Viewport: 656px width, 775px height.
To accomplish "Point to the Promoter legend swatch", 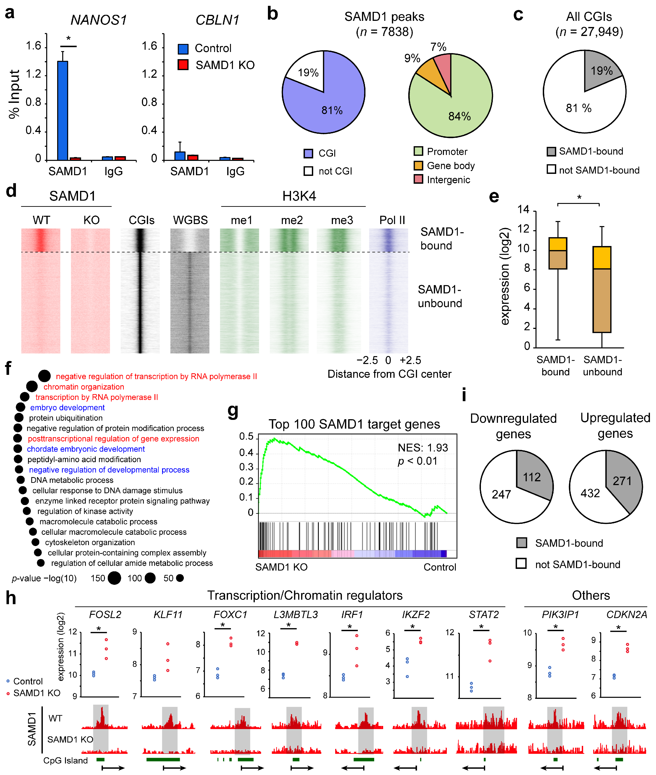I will click(x=418, y=151).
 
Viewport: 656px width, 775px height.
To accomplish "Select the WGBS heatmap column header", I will click(x=190, y=220).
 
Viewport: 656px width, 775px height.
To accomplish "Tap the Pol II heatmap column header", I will click(x=392, y=220).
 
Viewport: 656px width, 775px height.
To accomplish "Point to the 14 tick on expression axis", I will click(x=523, y=210).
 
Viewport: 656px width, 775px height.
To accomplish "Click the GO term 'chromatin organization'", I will click(x=84, y=387).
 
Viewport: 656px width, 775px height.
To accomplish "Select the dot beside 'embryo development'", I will click(x=20, y=407).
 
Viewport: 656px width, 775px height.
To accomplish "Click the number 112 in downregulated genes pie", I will click(x=532, y=477).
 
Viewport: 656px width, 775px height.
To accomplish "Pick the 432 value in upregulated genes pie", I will click(x=590, y=493).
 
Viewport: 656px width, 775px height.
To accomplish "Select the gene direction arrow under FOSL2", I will click(x=113, y=768).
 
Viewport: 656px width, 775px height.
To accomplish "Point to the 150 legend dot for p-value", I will click(x=115, y=578).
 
